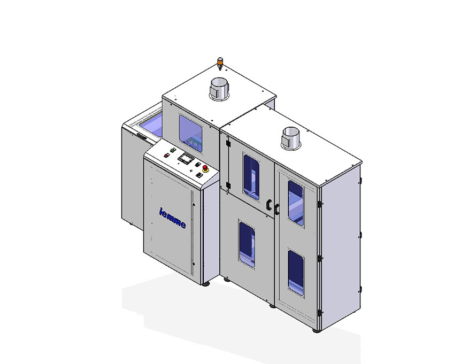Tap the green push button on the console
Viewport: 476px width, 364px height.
[173, 150]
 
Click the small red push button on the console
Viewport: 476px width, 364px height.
[166, 156]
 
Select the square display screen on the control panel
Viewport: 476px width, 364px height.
[186, 158]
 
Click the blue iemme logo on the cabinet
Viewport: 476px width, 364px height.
[172, 218]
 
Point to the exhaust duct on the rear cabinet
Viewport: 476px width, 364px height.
[218, 88]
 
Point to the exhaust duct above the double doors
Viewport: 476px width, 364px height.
[291, 138]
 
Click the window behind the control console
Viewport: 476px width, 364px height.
[190, 133]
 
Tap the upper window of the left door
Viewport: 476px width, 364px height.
[251, 176]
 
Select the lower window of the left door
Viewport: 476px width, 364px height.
[247, 244]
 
